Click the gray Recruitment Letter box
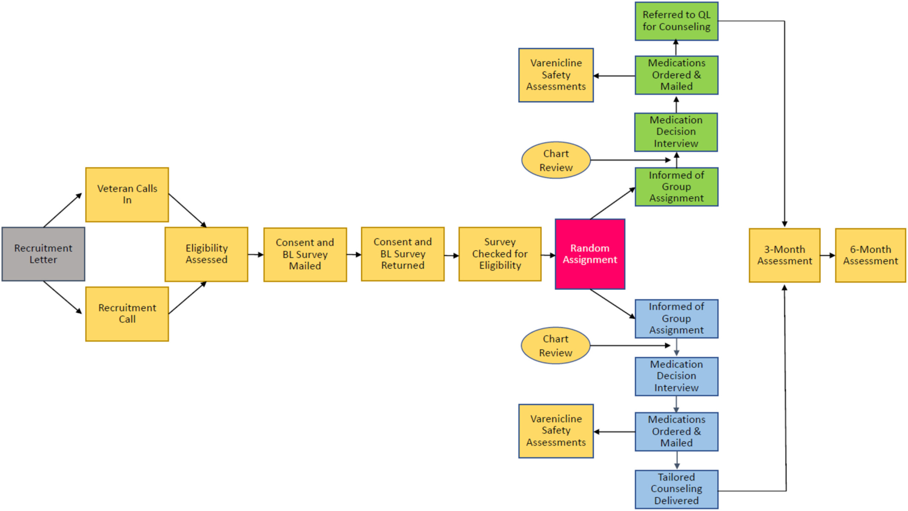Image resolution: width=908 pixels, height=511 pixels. coord(43,254)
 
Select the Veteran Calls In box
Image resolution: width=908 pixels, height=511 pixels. coord(127,195)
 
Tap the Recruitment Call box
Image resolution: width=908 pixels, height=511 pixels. coord(127,314)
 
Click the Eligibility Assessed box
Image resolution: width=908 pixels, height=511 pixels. coord(206,254)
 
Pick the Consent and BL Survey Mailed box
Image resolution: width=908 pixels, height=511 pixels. coord(305,254)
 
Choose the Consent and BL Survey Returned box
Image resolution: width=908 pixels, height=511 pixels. coord(403,254)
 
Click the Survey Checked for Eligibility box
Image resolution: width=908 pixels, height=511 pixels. coord(500,254)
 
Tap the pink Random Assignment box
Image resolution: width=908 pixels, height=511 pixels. coord(590,254)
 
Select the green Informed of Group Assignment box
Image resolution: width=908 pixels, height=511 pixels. coord(676,187)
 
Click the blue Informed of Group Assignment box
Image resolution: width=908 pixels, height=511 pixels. coord(676,318)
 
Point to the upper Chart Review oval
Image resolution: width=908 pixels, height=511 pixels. coord(555,160)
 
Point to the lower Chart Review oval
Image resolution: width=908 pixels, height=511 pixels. coord(555,346)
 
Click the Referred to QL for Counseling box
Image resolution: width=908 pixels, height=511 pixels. coord(676,21)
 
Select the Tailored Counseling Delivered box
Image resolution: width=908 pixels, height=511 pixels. coord(676,489)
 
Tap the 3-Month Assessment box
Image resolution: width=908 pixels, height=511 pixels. coord(784,255)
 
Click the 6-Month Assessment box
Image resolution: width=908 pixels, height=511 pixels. coord(870,255)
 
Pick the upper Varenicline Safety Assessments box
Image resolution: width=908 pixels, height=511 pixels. coord(556,75)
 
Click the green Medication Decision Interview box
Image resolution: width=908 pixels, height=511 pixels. coord(676,132)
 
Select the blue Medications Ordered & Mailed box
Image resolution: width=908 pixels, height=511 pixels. coord(676,431)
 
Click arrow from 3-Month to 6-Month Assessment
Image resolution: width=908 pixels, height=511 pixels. coord(827,255)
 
